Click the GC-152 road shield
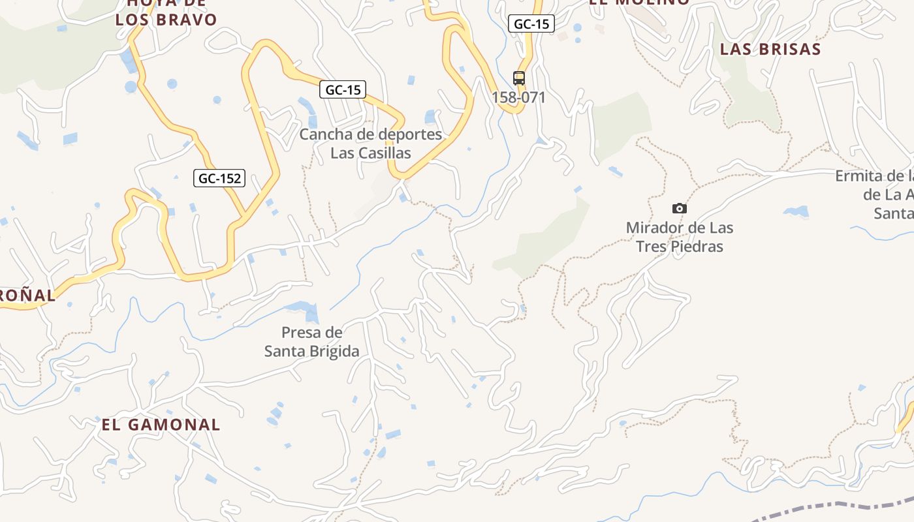click(x=219, y=178)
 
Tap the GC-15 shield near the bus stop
click(x=531, y=24)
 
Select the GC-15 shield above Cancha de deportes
click(x=343, y=90)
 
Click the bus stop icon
click(x=518, y=78)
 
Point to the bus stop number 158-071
click(x=518, y=97)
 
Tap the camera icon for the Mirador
click(x=679, y=208)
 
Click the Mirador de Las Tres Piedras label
click(x=679, y=237)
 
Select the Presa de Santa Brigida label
click(x=311, y=341)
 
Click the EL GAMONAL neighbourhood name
click(x=161, y=425)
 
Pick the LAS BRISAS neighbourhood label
click(x=770, y=49)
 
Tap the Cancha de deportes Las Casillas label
click(x=370, y=144)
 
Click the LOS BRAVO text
click(x=166, y=20)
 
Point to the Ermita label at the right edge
click(x=875, y=194)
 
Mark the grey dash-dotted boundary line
click(x=829, y=506)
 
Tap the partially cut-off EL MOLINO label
click(x=638, y=3)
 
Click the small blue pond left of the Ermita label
click(x=796, y=211)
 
